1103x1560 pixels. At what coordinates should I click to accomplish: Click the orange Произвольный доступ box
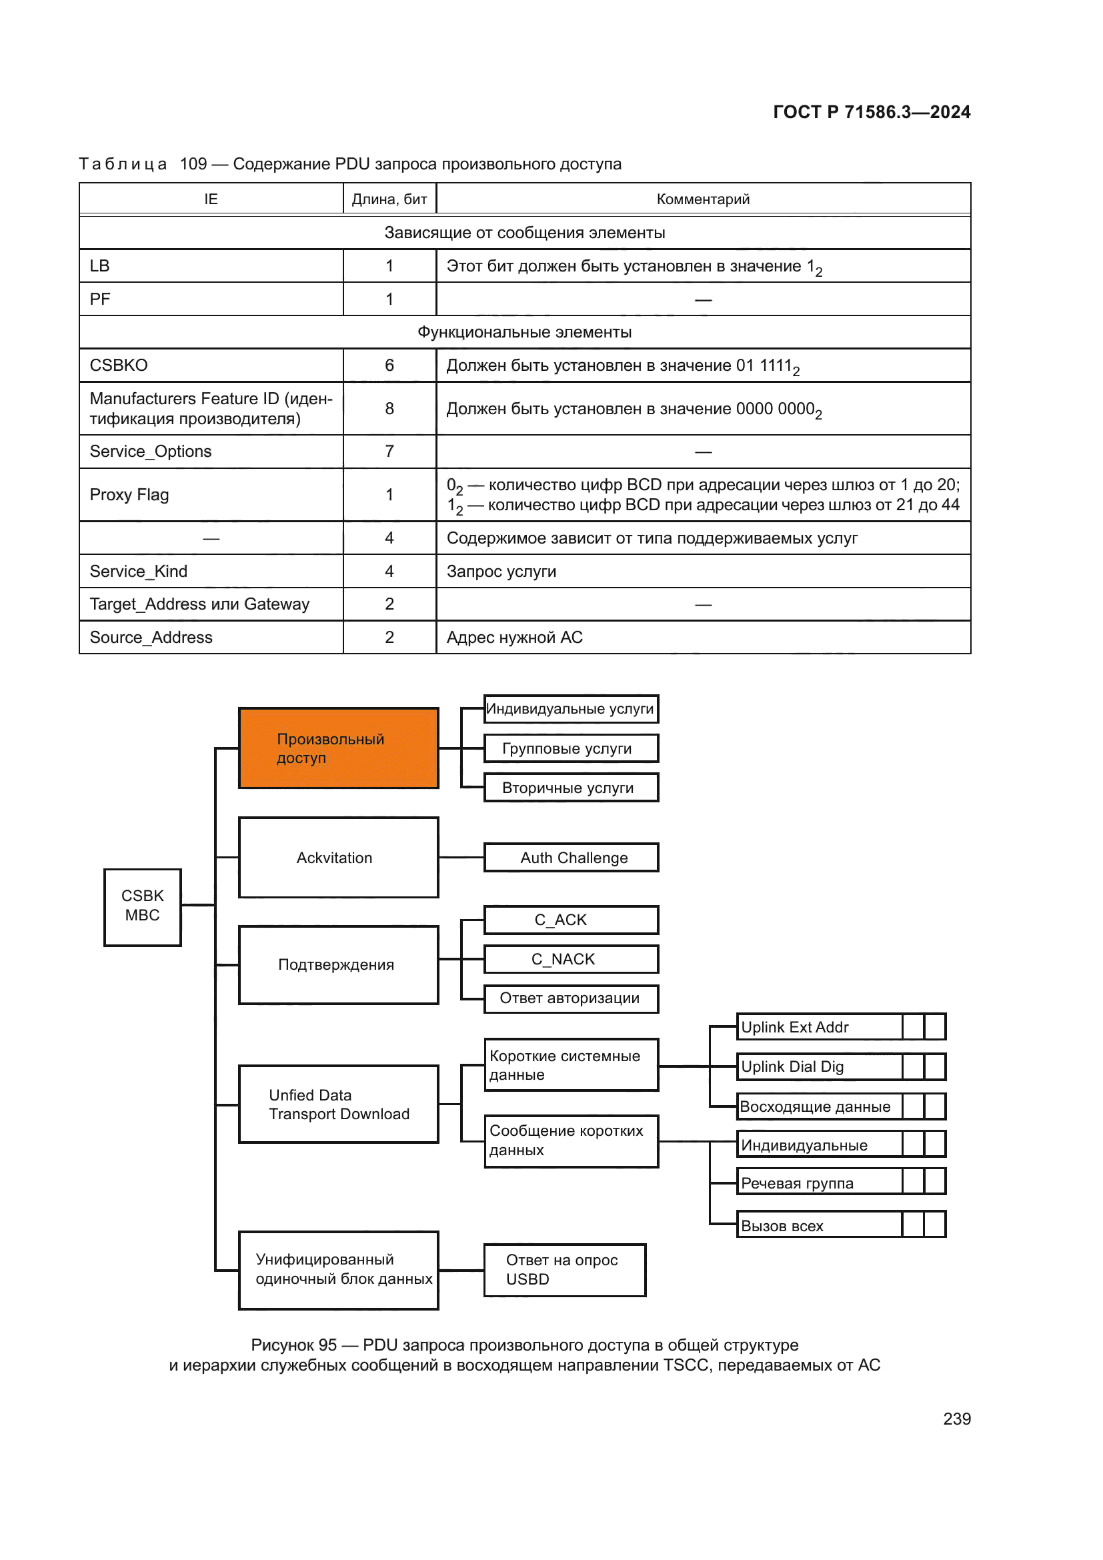click(338, 748)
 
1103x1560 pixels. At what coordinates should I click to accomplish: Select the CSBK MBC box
click(143, 906)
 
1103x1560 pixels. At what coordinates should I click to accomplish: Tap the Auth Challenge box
click(571, 858)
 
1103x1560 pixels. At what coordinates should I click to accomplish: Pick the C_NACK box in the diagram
click(571, 958)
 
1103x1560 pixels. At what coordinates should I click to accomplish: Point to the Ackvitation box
click(338, 858)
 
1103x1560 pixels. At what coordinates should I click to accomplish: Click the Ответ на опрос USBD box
click(564, 1270)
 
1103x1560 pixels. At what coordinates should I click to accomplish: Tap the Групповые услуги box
click(571, 748)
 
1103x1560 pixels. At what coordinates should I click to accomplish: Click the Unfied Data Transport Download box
click(338, 1104)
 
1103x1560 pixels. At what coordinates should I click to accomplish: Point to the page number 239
click(956, 1419)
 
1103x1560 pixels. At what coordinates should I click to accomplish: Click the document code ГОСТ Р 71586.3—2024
click(872, 112)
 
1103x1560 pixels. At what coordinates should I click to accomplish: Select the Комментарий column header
click(703, 199)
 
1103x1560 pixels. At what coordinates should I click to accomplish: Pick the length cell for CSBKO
click(389, 365)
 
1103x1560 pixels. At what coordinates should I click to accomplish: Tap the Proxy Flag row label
click(130, 495)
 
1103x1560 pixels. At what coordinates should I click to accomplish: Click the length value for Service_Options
click(389, 452)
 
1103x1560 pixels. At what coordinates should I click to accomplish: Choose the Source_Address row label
click(151, 638)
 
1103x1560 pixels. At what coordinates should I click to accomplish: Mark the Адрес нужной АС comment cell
click(515, 638)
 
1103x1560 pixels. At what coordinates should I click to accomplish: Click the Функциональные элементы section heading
click(524, 332)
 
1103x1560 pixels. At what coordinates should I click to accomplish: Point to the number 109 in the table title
click(193, 164)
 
